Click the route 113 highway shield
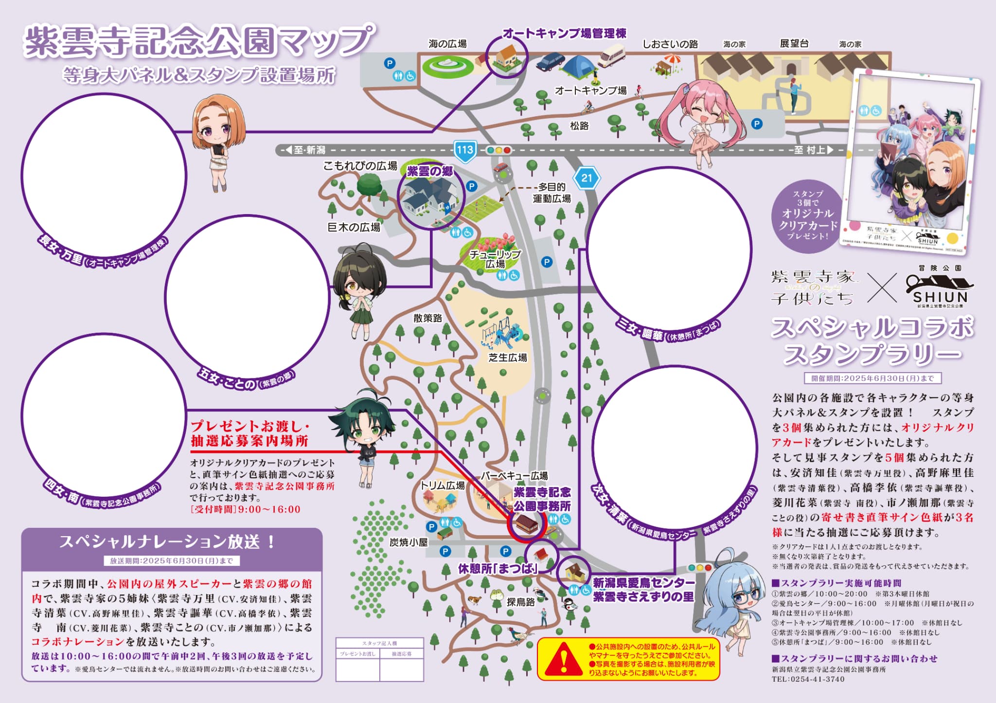pyautogui.click(x=464, y=149)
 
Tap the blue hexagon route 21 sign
pyautogui.click(x=587, y=178)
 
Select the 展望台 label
pyautogui.click(x=794, y=44)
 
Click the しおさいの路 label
pyautogui.click(x=670, y=44)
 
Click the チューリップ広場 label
pyautogui.click(x=495, y=259)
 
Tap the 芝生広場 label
pyautogui.click(x=508, y=358)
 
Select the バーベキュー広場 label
pyautogui.click(x=514, y=475)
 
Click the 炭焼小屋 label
pyautogui.click(x=409, y=542)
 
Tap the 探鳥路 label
pyautogui.click(x=521, y=602)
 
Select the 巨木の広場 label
pyautogui.click(x=354, y=227)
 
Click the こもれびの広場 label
pyautogui.click(x=360, y=166)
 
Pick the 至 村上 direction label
pyautogui.click(x=813, y=150)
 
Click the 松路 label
pyautogui.click(x=579, y=126)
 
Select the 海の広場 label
pyautogui.click(x=447, y=44)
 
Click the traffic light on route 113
pyautogui.click(x=498, y=150)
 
